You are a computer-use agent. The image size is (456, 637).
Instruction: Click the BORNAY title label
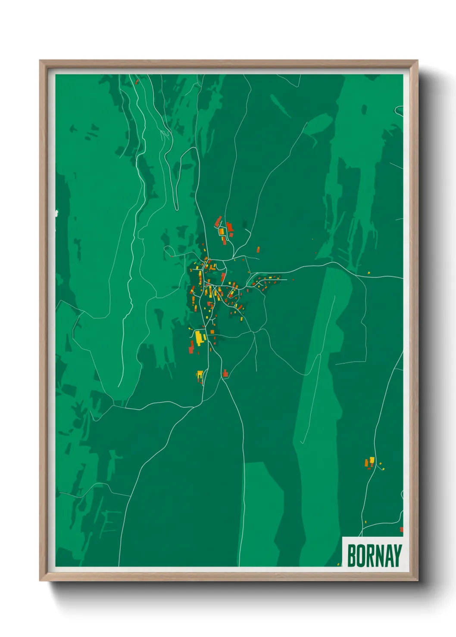(x=373, y=555)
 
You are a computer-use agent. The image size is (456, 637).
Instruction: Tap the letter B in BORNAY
(x=351, y=556)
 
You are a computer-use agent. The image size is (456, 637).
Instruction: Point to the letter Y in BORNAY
(x=397, y=556)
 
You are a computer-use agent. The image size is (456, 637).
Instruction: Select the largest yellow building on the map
(x=199, y=337)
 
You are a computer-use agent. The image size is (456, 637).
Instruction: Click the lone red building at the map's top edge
(x=137, y=81)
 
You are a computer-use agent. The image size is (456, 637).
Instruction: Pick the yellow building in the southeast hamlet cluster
(x=372, y=460)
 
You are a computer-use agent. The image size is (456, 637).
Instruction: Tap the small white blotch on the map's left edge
(x=56, y=212)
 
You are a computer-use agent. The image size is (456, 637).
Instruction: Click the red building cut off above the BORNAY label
(x=401, y=529)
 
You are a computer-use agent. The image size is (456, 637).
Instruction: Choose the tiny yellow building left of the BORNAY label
(x=338, y=564)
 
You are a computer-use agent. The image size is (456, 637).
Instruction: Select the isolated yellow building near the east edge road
(x=369, y=272)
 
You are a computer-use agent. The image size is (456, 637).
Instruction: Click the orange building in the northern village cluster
(x=222, y=232)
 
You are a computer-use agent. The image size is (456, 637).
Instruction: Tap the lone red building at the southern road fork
(x=225, y=373)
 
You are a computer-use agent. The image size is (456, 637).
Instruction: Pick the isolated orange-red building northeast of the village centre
(x=258, y=249)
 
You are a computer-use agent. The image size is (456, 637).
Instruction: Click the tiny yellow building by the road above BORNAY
(x=365, y=522)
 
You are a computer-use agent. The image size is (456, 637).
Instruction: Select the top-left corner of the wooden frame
(x=40, y=61)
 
